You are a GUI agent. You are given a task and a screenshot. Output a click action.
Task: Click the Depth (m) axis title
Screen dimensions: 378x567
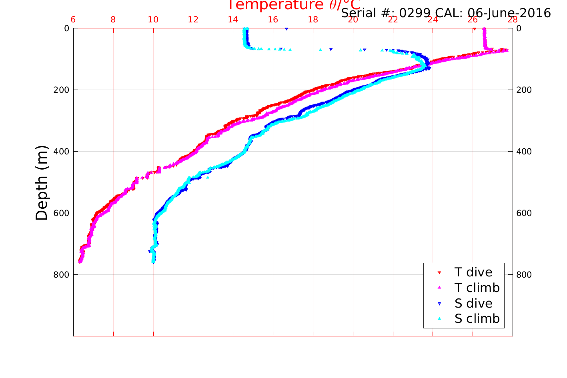(42, 182)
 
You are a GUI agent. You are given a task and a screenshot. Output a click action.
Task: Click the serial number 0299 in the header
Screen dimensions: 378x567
(415, 13)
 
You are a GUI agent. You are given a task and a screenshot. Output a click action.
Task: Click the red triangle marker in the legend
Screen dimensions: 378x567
(439, 273)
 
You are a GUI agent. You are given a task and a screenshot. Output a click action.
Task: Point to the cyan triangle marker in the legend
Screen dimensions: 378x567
(439, 319)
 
